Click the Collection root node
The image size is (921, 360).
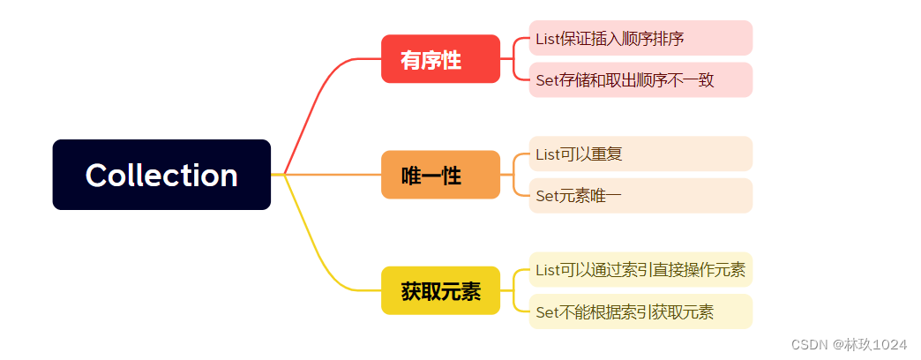(x=161, y=175)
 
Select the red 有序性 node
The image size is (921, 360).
(x=440, y=59)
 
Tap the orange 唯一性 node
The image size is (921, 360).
(x=440, y=175)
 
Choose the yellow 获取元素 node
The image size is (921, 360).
(x=440, y=290)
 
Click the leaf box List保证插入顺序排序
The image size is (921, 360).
(x=640, y=38)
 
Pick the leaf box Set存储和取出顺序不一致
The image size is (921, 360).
(x=640, y=79)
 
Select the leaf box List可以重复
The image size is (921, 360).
(x=640, y=154)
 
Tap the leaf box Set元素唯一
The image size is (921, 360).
(x=640, y=196)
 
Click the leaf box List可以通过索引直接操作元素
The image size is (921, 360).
(x=640, y=269)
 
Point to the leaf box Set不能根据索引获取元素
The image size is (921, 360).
(x=640, y=311)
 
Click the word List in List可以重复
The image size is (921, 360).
(x=546, y=154)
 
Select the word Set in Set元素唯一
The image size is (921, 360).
(x=546, y=196)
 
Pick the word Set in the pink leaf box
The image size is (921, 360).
(x=546, y=79)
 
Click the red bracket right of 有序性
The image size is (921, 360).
(x=515, y=59)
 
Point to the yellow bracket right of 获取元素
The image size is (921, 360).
(x=515, y=290)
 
